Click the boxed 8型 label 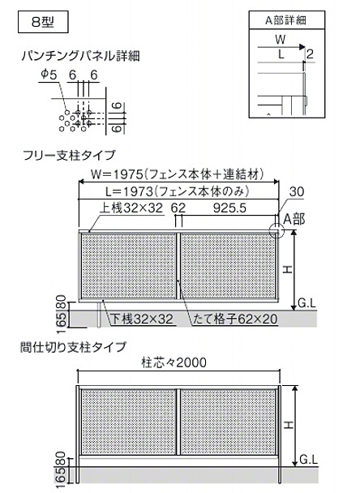click(43, 22)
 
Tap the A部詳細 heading click(285, 20)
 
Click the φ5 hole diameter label click(49, 75)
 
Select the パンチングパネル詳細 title click(81, 56)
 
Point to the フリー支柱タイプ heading click(70, 156)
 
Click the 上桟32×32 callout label click(131, 208)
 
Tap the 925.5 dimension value click(229, 208)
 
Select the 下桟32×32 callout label click(142, 319)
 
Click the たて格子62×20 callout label click(235, 319)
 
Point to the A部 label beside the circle click(294, 220)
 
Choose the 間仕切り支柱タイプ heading click(73, 347)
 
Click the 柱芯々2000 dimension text click(174, 362)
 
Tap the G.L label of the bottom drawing click(308, 460)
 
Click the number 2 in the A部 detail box click(310, 54)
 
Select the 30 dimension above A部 click(297, 191)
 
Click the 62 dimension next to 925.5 click(178, 208)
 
